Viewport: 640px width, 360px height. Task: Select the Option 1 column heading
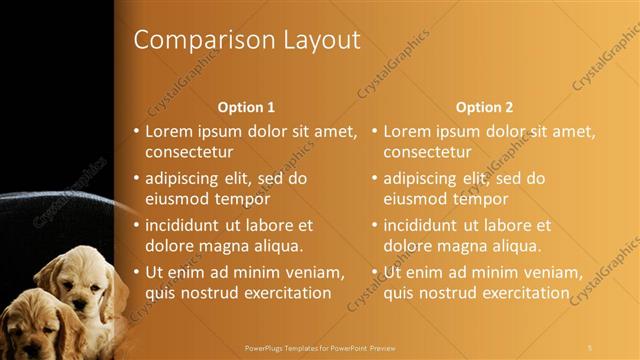pyautogui.click(x=246, y=106)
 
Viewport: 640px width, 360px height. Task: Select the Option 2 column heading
pyautogui.click(x=484, y=106)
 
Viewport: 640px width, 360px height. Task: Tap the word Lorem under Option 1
pyautogui.click(x=170, y=131)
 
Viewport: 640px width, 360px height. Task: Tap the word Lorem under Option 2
pyautogui.click(x=408, y=131)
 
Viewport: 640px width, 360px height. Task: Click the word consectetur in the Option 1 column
pyautogui.click(x=189, y=153)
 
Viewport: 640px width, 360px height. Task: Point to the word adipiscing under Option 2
pyautogui.click(x=420, y=179)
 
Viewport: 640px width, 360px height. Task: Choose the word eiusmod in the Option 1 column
pyautogui.click(x=174, y=198)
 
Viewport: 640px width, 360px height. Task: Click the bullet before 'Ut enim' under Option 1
pyautogui.click(x=137, y=272)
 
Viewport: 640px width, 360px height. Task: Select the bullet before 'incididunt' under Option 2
pyautogui.click(x=375, y=225)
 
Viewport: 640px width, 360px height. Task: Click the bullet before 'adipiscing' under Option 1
pyautogui.click(x=137, y=179)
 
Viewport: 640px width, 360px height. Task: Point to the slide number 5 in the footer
pyautogui.click(x=590, y=348)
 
